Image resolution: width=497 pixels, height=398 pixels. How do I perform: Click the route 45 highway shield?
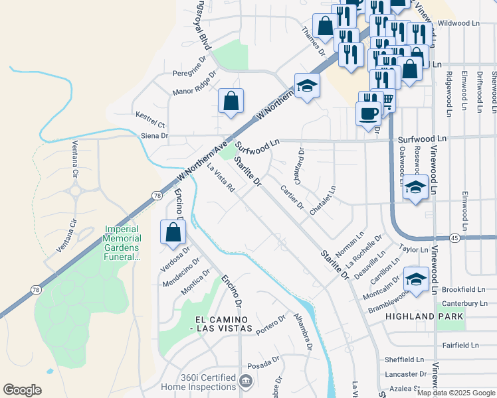(454, 237)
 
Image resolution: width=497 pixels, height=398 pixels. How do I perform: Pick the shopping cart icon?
(386, 101)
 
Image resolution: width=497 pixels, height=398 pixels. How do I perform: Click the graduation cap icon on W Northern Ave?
(307, 86)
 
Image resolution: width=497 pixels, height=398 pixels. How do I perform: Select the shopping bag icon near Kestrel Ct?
(231, 101)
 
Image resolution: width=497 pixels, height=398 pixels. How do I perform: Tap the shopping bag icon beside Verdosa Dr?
(173, 233)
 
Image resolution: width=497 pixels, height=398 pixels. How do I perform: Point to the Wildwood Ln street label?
(458, 23)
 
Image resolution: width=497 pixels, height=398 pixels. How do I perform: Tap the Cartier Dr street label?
(292, 196)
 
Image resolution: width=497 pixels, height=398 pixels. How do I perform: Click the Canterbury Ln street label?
(464, 303)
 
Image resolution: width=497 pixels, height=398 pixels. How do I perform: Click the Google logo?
(23, 390)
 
